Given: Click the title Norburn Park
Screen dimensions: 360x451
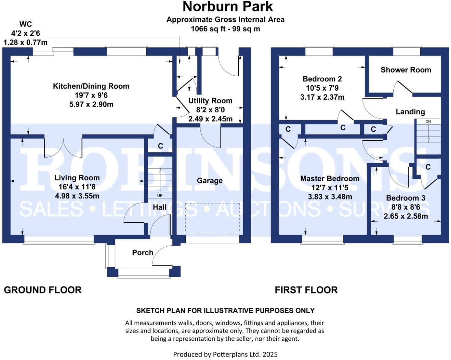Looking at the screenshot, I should (228, 7).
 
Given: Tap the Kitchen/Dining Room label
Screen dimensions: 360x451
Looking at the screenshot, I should (91, 86).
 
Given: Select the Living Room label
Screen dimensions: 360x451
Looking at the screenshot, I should (77, 178).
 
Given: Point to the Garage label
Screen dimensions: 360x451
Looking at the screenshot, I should (209, 181).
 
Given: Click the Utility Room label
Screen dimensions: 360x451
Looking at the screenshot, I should (210, 101).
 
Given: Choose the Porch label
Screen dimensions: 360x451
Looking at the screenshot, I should (142, 252).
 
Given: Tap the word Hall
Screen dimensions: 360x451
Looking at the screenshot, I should (160, 207).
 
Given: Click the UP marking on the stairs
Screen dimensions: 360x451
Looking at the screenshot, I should (160, 195).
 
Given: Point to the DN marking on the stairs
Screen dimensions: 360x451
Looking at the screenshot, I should (428, 122).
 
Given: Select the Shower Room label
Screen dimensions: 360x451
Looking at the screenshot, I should (406, 70).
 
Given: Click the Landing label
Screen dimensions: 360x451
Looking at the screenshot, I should (410, 112).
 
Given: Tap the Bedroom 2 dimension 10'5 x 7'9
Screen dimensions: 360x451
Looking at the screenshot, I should (322, 88).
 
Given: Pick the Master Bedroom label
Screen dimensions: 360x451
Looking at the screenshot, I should (329, 179).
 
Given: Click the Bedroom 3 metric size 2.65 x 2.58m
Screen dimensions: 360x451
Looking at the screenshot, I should (406, 216).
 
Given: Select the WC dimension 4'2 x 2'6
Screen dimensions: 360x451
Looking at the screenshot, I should (25, 33).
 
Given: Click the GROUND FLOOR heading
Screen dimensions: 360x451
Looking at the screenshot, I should (43, 290).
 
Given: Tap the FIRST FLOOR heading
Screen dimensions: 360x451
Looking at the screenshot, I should (306, 290).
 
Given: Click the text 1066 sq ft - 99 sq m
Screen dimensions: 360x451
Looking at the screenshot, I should (225, 29).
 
